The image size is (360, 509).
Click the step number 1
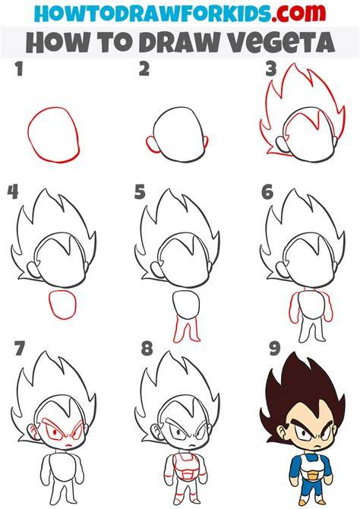coord(20,69)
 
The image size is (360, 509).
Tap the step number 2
coord(144,69)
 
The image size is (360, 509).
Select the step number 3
coord(270,69)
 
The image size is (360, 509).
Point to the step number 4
coord(13,192)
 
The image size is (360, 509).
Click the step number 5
coord(140,192)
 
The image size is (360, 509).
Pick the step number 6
coord(267,192)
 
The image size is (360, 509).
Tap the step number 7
coord(20,348)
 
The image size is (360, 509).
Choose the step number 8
coord(147,348)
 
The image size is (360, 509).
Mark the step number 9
coord(275,348)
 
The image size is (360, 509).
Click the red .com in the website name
coord(299,13)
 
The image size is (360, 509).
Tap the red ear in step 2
coord(150,144)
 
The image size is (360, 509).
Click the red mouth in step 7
coord(68,445)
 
